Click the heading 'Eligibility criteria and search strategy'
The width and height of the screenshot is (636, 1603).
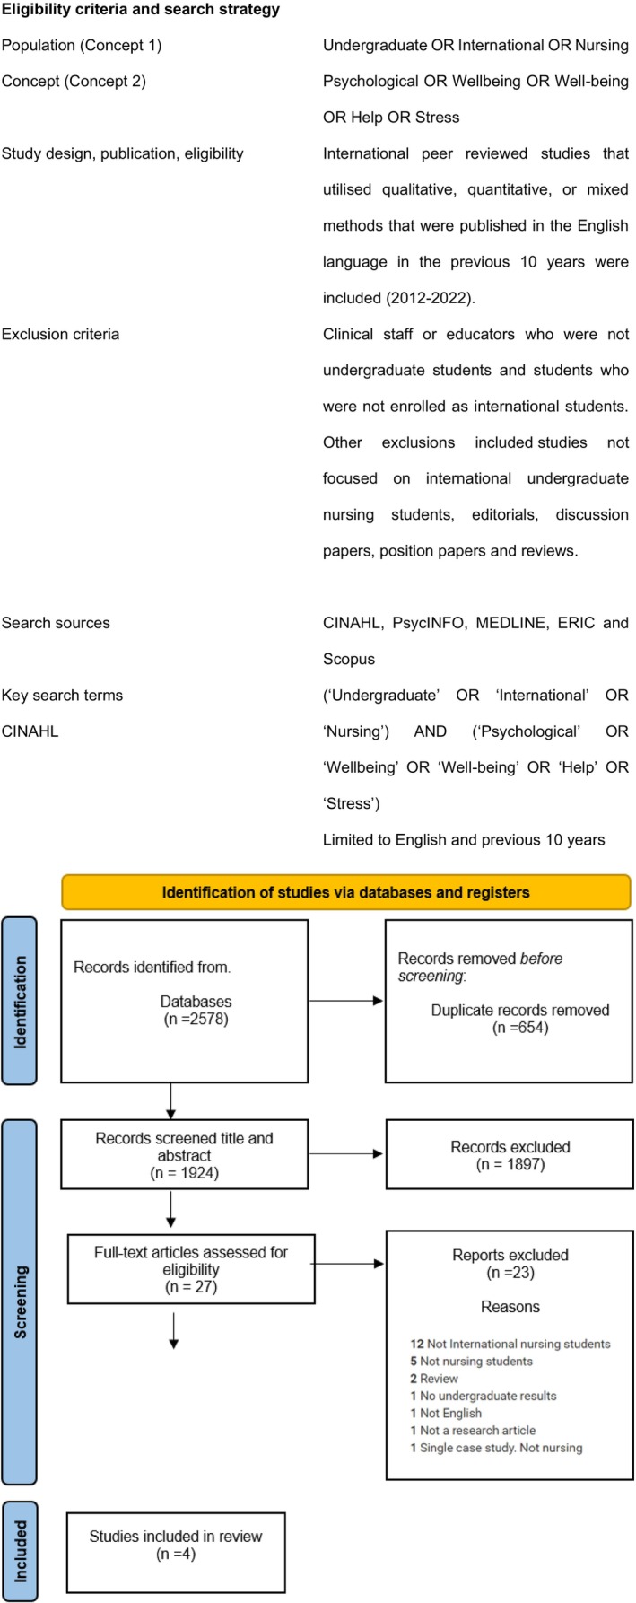141,10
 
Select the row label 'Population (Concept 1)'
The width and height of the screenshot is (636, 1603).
82,45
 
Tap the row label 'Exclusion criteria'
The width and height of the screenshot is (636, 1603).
60,334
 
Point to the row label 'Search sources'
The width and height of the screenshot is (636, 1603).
56,623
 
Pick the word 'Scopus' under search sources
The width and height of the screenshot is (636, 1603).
349,659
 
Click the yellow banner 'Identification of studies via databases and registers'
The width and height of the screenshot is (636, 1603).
345,892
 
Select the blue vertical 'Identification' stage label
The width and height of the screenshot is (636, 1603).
19,1002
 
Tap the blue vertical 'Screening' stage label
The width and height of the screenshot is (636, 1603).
19,1301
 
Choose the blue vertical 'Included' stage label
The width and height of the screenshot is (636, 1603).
19,1550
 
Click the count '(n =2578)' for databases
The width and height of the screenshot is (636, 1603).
196,1019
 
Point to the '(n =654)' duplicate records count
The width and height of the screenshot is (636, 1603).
520,1028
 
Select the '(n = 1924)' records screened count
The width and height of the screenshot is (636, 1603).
184,1172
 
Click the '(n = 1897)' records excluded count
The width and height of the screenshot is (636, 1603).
510,1164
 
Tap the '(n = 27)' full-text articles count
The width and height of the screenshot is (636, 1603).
191,1287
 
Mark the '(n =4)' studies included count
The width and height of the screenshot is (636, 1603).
175,1554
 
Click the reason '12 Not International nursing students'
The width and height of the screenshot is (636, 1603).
510,1344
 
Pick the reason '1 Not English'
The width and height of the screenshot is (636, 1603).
446,1413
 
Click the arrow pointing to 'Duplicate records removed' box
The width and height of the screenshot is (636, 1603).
346,1001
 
